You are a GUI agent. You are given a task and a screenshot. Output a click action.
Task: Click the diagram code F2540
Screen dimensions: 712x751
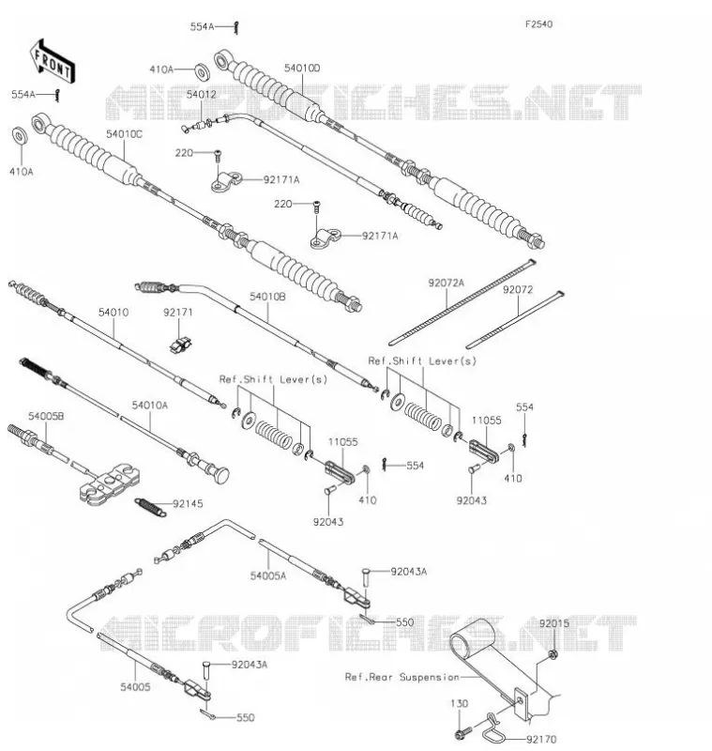click(x=538, y=24)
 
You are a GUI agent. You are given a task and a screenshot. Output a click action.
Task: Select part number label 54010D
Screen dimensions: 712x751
click(x=302, y=68)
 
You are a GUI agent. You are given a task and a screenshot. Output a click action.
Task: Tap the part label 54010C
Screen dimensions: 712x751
click(x=125, y=134)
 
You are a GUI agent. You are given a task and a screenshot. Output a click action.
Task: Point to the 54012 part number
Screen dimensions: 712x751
click(x=202, y=95)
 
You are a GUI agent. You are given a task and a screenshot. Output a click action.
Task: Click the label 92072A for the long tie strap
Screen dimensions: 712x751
click(x=446, y=284)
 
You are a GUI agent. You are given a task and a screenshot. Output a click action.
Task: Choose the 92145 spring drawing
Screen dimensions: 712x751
click(x=150, y=507)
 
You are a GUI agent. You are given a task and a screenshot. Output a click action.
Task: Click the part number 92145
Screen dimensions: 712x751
click(x=188, y=504)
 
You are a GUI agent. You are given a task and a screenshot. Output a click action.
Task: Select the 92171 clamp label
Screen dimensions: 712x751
click(x=178, y=313)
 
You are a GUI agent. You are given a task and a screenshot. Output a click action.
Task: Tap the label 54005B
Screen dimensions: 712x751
click(x=46, y=416)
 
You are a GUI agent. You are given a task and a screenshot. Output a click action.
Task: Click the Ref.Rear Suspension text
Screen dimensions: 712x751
click(x=401, y=677)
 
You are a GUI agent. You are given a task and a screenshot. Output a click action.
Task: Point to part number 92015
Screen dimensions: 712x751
click(x=554, y=623)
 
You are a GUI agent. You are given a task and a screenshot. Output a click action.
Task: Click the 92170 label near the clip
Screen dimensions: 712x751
click(x=541, y=740)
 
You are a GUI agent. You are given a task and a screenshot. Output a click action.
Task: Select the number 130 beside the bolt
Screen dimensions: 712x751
click(x=459, y=703)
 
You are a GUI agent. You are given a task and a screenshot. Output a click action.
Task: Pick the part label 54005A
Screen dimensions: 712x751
click(x=268, y=575)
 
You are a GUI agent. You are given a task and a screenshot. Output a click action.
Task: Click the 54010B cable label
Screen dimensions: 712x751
click(x=267, y=297)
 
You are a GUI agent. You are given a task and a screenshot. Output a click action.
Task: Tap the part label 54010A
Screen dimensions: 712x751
click(x=150, y=406)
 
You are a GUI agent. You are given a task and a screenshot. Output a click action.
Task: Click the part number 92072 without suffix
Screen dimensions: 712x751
click(x=518, y=290)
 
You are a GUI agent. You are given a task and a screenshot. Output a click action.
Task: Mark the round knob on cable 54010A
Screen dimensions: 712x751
click(x=221, y=475)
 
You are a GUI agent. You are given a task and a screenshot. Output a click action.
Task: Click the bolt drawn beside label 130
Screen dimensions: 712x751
click(x=462, y=732)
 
